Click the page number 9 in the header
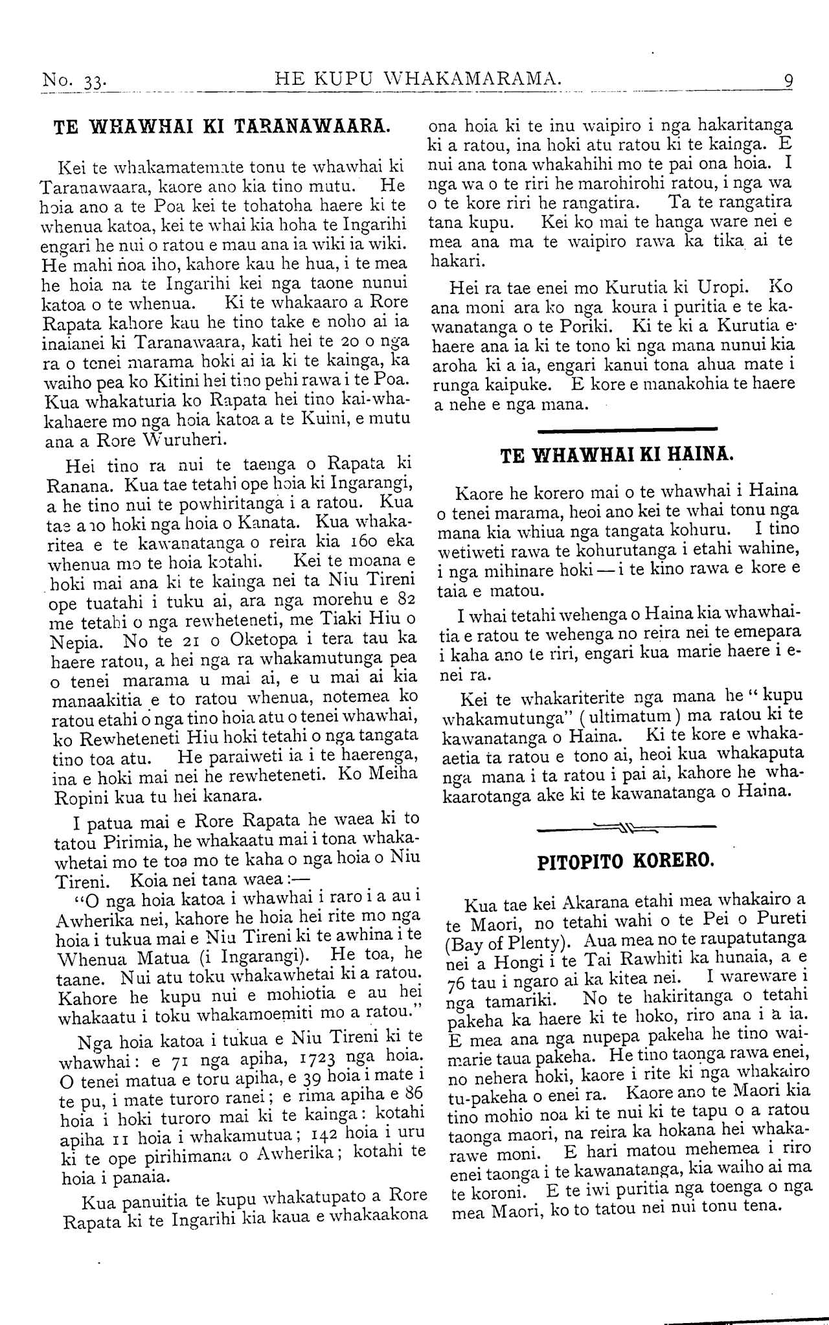788,82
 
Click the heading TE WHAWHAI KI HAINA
618,455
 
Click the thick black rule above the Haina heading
627,428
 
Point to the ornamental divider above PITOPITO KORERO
626,827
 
